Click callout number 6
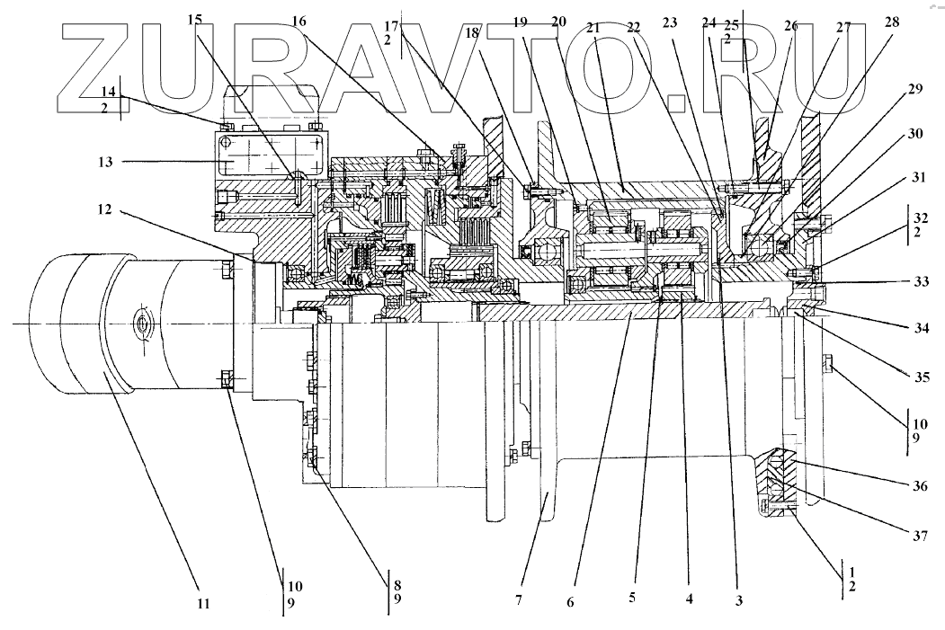click(571, 600)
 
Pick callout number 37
click(916, 537)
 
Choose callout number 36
click(916, 486)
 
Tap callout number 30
click(915, 134)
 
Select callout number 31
click(915, 180)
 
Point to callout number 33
click(916, 281)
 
